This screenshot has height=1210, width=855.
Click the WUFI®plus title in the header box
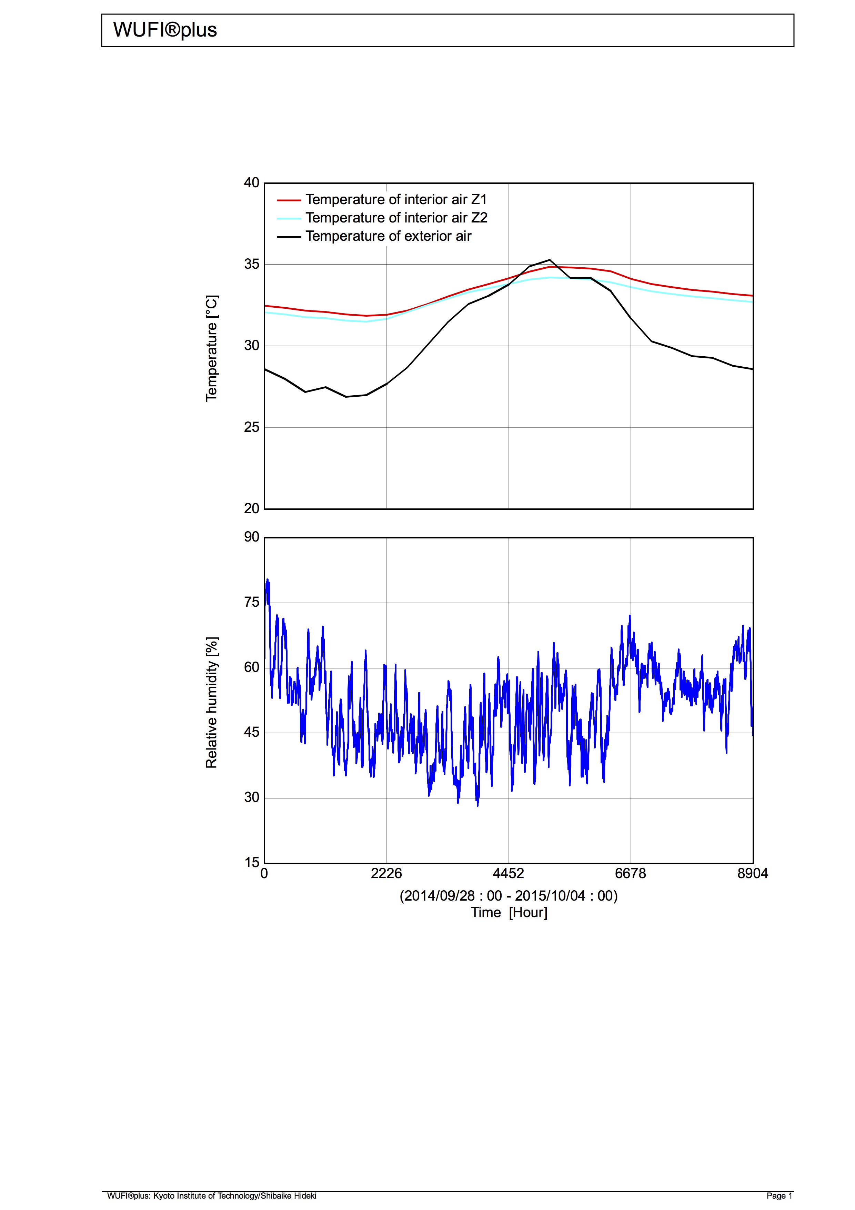pos(165,30)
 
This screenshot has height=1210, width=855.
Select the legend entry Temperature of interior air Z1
pos(396,200)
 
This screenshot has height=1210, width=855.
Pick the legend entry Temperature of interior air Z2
pos(396,218)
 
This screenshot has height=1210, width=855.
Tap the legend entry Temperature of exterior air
pos(388,236)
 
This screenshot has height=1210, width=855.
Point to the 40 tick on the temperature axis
pos(251,183)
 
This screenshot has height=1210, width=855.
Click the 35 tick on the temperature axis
pos(251,264)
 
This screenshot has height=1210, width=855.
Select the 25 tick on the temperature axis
pos(251,427)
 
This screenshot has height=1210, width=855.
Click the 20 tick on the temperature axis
pos(251,508)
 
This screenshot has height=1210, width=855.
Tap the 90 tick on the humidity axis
pos(251,537)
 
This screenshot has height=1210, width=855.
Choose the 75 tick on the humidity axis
pos(251,602)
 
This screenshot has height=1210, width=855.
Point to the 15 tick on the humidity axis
pos(251,863)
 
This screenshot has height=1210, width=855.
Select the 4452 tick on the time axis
pos(509,874)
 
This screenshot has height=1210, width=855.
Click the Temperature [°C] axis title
pos(211,348)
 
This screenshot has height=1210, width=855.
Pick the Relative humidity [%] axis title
pos(211,703)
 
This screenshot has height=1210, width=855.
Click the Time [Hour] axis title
pos(509,913)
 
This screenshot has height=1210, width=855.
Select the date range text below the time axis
pos(509,896)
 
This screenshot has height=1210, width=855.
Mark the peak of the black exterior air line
pos(550,260)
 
